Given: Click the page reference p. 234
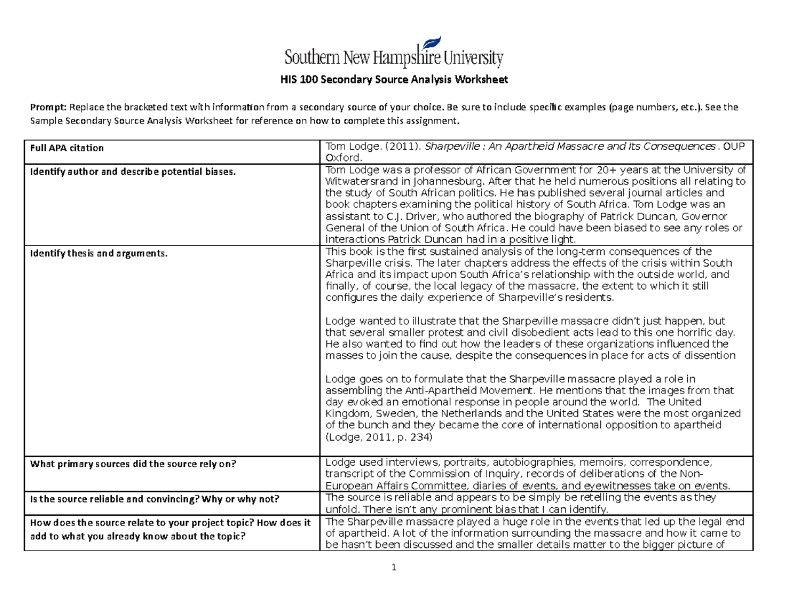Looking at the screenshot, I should coord(412,437).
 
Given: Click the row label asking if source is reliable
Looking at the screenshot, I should coord(152,499).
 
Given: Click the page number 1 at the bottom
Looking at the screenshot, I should coord(394,568).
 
